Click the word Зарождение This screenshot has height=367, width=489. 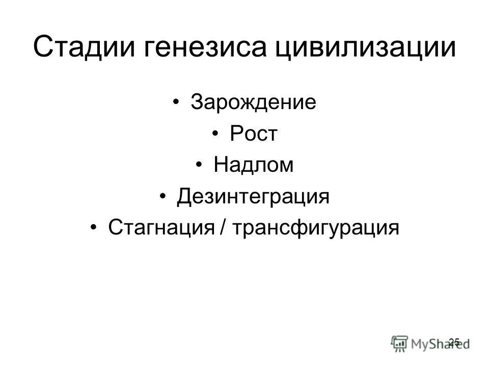click(253, 102)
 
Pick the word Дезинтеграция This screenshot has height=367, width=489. click(253, 196)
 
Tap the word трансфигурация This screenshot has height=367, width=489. click(315, 227)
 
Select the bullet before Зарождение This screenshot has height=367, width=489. click(176, 103)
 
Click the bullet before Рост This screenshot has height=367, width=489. click(216, 135)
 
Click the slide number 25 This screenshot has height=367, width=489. click(455, 342)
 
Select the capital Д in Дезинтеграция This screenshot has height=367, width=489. click(184, 197)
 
